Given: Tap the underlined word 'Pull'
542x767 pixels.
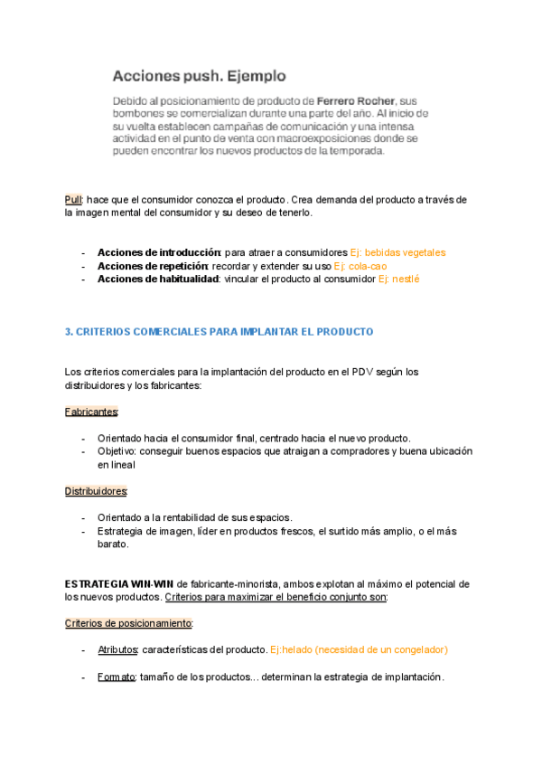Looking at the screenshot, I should click(x=73, y=199).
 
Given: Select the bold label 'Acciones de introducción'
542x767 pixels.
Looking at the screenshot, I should click(x=158, y=252).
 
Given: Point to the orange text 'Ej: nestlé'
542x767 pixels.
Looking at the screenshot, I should click(x=399, y=279).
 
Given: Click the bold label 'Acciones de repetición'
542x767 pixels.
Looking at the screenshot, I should click(x=153, y=266).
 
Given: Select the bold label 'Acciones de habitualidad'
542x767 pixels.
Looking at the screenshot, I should click(x=158, y=279).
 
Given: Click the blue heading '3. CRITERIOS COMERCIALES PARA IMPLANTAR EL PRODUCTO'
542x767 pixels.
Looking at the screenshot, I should click(x=220, y=332).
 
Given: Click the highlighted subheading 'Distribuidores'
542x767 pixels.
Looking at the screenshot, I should click(x=96, y=491).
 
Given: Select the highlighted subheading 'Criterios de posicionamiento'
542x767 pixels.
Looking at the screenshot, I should click(x=128, y=623).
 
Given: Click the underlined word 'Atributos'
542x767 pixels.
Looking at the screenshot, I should click(x=118, y=649).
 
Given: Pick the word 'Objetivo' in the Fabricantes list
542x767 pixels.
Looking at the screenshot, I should click(x=117, y=451).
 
